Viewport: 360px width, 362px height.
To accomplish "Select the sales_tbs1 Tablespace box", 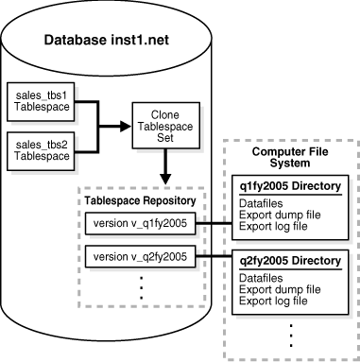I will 38,101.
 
